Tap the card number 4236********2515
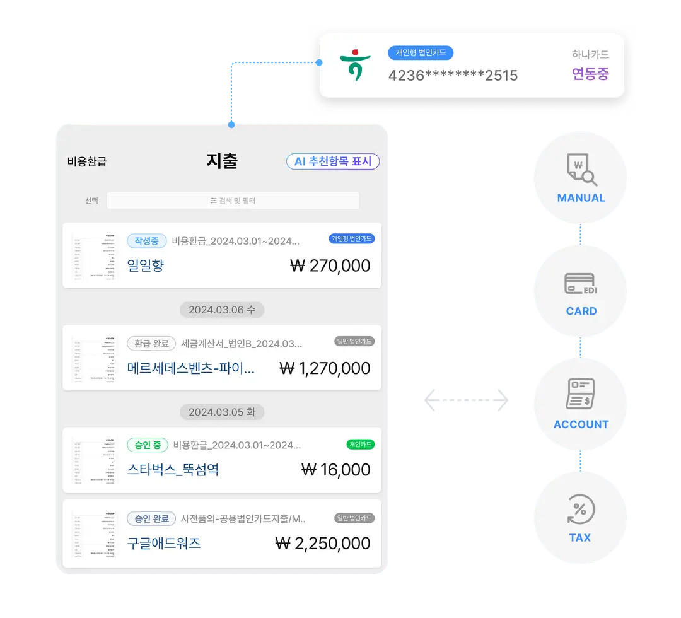click(x=453, y=76)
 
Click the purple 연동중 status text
click(x=590, y=74)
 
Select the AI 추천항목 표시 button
click(x=333, y=161)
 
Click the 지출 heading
click(x=222, y=161)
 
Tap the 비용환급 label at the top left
click(x=87, y=161)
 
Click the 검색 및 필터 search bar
click(x=233, y=201)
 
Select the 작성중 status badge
click(x=147, y=241)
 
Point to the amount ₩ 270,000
click(x=330, y=265)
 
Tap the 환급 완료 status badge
click(x=152, y=344)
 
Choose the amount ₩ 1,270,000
click(x=325, y=368)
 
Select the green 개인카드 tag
click(x=361, y=445)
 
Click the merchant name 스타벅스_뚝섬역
click(x=173, y=470)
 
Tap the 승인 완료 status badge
click(x=151, y=518)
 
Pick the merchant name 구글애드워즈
click(x=164, y=543)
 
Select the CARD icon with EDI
click(x=581, y=283)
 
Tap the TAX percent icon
click(x=580, y=510)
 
